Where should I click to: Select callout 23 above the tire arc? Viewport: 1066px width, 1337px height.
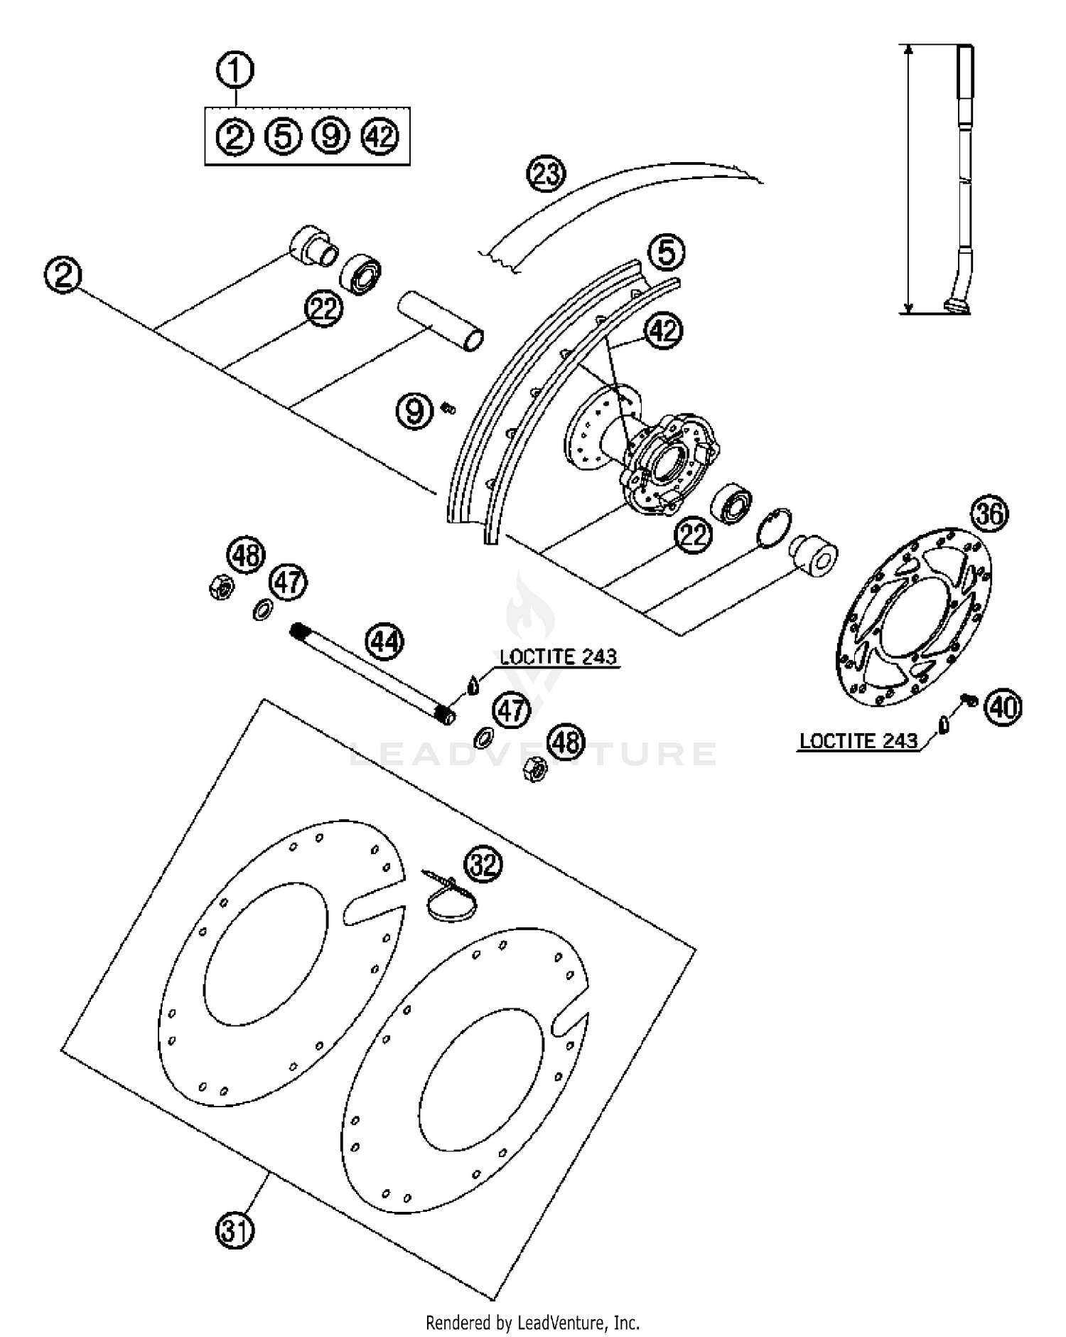pos(546,174)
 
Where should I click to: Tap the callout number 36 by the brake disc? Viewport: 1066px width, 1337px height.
pos(990,513)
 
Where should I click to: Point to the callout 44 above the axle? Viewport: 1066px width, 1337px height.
pos(384,642)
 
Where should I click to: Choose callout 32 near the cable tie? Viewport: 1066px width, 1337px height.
pos(483,865)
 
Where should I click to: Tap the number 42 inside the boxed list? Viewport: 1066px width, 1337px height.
pos(380,136)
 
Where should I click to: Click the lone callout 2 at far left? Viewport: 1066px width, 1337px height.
pos(63,275)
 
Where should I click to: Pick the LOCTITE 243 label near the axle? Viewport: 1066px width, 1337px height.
pos(558,656)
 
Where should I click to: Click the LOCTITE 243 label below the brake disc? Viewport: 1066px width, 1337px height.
pos(858,741)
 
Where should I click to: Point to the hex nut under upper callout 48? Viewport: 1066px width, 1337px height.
pos(221,587)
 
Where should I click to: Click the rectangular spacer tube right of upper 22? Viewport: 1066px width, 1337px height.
pos(441,321)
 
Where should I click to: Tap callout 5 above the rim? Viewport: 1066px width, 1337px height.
pos(666,252)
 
